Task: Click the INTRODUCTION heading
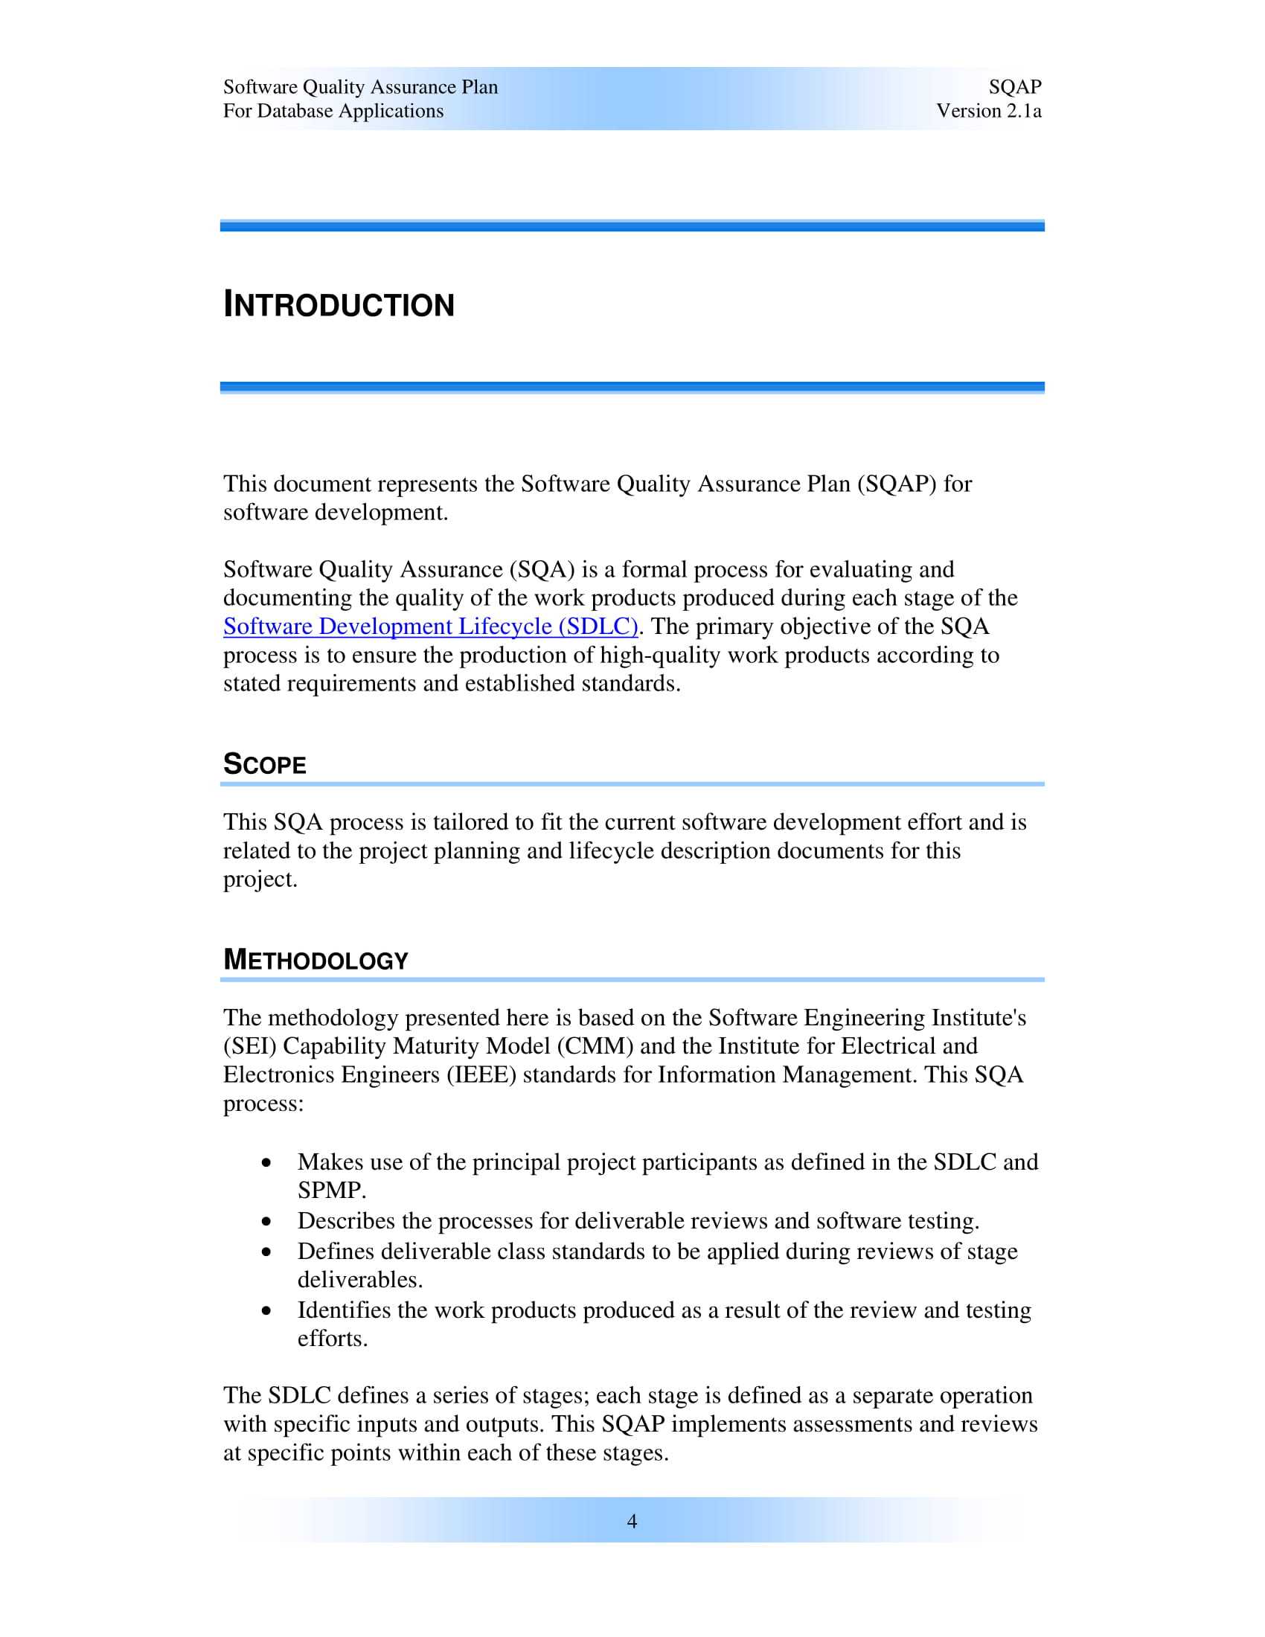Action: (339, 305)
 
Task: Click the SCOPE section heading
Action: (265, 764)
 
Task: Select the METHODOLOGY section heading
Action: (316, 960)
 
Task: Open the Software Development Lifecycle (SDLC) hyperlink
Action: (430, 626)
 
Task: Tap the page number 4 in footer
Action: (632, 1521)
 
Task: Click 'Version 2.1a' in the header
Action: (988, 111)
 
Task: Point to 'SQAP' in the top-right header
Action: (1015, 87)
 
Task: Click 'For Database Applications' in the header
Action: (333, 111)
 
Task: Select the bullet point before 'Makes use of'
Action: (267, 1162)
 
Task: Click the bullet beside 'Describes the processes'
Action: (267, 1222)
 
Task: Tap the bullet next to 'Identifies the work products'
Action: (267, 1311)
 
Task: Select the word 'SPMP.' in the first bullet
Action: (332, 1191)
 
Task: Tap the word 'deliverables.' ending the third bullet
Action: (359, 1280)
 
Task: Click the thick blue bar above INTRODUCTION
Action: (632, 225)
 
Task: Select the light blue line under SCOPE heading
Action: (632, 784)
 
